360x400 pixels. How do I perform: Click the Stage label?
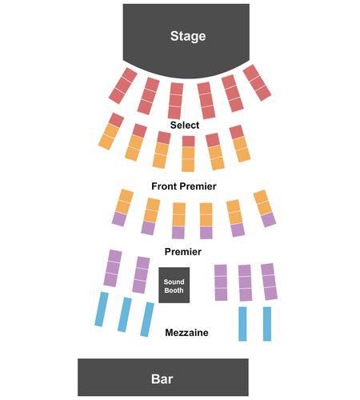tap(188, 36)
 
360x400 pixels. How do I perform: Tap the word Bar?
tap(162, 378)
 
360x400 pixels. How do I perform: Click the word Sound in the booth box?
tap(174, 282)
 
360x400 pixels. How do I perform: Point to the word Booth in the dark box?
tap(174, 290)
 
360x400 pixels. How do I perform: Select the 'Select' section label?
tap(185, 125)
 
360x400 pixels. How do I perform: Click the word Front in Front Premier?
tap(165, 186)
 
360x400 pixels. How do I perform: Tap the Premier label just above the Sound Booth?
tap(183, 251)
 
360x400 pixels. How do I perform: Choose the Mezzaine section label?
tap(186, 333)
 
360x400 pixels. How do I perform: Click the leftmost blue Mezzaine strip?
tap(102, 309)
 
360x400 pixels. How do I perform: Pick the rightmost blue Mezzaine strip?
tap(267, 324)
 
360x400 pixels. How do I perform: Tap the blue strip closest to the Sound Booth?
tap(147, 319)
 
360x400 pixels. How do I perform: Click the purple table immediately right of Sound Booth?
tap(221, 282)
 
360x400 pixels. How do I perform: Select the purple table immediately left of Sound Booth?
tap(141, 275)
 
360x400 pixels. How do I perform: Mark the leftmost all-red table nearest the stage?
tap(123, 86)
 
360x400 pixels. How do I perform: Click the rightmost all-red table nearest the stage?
tap(257, 82)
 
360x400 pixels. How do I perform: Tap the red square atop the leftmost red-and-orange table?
tap(117, 119)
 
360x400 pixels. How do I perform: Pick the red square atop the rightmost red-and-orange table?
tap(237, 132)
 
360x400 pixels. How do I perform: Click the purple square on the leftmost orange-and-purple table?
tap(119, 219)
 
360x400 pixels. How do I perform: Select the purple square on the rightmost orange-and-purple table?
tap(269, 220)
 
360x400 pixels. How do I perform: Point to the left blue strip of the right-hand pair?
tap(242, 324)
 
